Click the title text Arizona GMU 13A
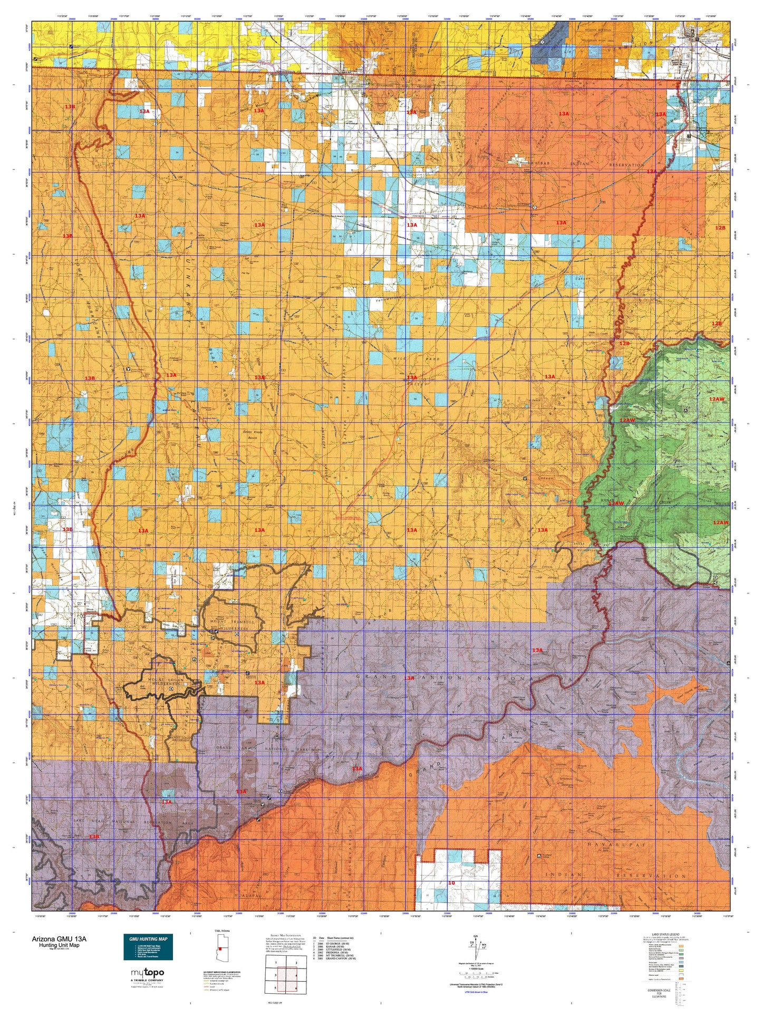point(59,939)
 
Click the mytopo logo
point(147,974)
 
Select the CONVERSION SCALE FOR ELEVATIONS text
point(665,994)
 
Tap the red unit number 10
point(451,883)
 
